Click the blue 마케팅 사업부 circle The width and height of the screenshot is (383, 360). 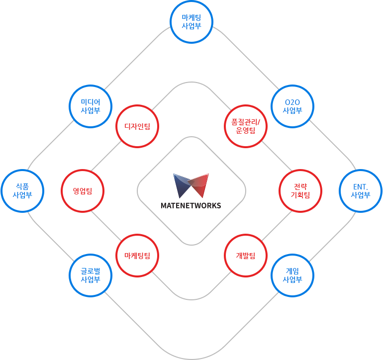point(191,22)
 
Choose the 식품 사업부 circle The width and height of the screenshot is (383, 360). point(22,190)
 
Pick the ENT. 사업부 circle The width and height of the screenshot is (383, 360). point(361,190)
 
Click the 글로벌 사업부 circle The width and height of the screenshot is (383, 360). point(91,275)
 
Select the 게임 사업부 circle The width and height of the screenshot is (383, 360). point(292,275)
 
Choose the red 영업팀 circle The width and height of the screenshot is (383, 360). point(82,190)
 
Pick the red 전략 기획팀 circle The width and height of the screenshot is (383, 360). point(300,190)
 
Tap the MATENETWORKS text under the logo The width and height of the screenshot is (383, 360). point(191,205)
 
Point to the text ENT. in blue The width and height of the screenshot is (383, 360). point(360,186)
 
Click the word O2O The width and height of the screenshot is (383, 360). point(292,102)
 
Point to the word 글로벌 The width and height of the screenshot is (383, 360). point(91,270)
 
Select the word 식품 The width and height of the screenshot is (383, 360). point(22,186)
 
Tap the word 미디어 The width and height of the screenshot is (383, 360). point(91,102)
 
